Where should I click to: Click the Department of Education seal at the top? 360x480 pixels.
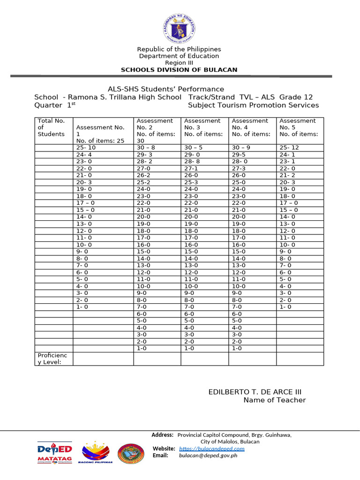(x=179, y=26)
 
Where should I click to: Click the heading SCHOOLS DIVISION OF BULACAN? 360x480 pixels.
(x=179, y=70)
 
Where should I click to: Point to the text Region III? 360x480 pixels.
(x=179, y=63)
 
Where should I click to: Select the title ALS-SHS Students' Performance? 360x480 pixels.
(x=166, y=89)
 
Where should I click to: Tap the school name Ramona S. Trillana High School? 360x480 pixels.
(x=125, y=97)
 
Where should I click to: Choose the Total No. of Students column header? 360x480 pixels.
(x=51, y=127)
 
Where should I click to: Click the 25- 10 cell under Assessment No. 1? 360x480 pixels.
(x=86, y=147)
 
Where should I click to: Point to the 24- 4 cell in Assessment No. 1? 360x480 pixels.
(x=84, y=154)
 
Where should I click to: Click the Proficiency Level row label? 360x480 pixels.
(x=52, y=359)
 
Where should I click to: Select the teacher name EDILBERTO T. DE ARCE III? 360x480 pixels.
(x=258, y=392)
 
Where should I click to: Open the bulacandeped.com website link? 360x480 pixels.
(x=211, y=449)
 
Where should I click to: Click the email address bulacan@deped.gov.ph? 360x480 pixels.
(x=208, y=455)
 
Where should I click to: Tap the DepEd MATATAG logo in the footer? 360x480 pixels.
(x=54, y=453)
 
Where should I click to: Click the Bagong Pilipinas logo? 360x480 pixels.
(x=97, y=453)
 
